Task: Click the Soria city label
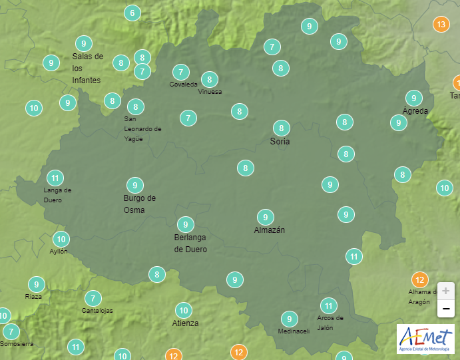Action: point(280,142)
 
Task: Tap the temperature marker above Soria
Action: point(282,128)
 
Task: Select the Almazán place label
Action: point(270,230)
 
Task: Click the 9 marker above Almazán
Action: point(266,217)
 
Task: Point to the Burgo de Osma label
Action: point(140,204)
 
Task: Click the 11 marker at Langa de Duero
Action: point(55,178)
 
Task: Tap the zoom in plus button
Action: point(446,291)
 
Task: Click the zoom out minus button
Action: point(446,309)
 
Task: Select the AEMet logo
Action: point(425,339)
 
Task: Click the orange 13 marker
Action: point(440,25)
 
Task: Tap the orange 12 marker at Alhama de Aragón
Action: point(419,279)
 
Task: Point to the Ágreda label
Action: point(415,110)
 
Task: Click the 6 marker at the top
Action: point(132,13)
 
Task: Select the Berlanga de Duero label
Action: point(190,244)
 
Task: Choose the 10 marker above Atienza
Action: point(184,310)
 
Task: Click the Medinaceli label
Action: point(294,331)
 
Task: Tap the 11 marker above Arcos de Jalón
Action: point(328,306)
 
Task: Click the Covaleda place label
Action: point(183,85)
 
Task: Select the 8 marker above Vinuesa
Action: point(210,79)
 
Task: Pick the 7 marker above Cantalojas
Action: point(93,299)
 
